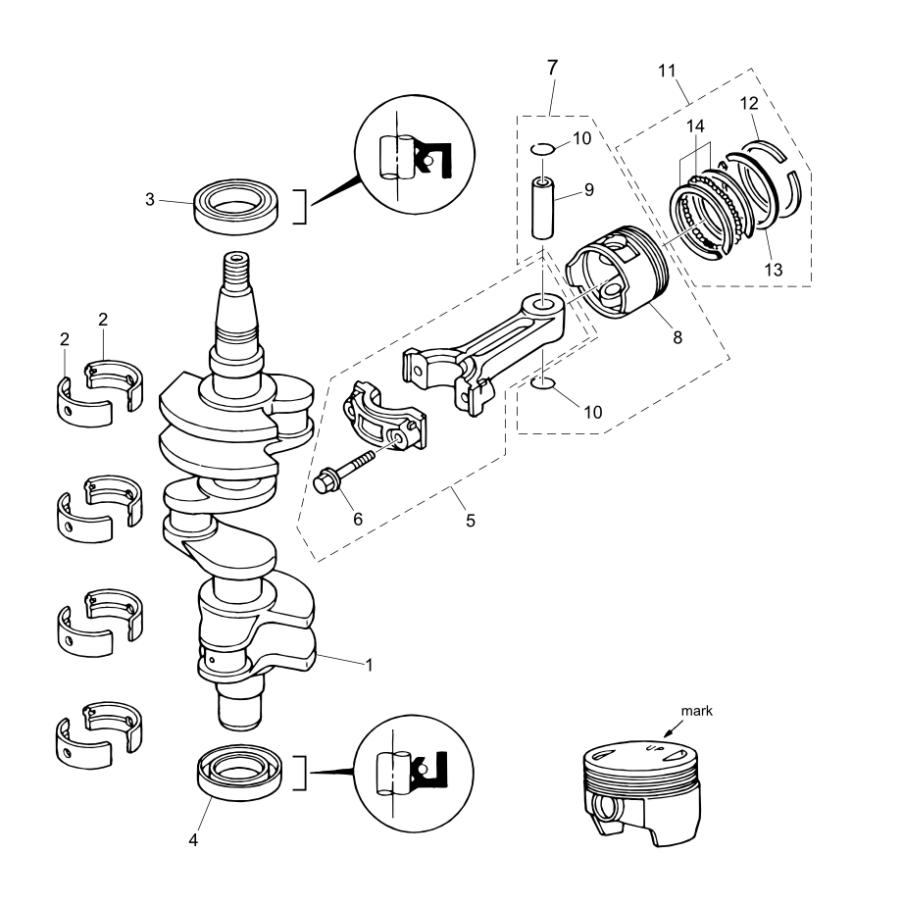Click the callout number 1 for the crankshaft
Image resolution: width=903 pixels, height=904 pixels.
click(369, 665)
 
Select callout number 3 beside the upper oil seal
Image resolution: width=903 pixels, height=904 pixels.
click(149, 200)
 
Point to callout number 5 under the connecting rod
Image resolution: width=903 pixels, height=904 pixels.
click(471, 521)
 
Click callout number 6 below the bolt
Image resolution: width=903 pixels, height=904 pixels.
click(358, 519)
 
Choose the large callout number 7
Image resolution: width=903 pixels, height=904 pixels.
click(552, 69)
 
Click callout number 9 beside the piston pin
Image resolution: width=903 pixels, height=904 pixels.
click(589, 190)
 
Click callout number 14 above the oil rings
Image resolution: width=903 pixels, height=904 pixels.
click(695, 126)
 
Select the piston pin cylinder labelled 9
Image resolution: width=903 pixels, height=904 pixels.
click(544, 207)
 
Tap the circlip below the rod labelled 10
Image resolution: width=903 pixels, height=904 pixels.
click(543, 383)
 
